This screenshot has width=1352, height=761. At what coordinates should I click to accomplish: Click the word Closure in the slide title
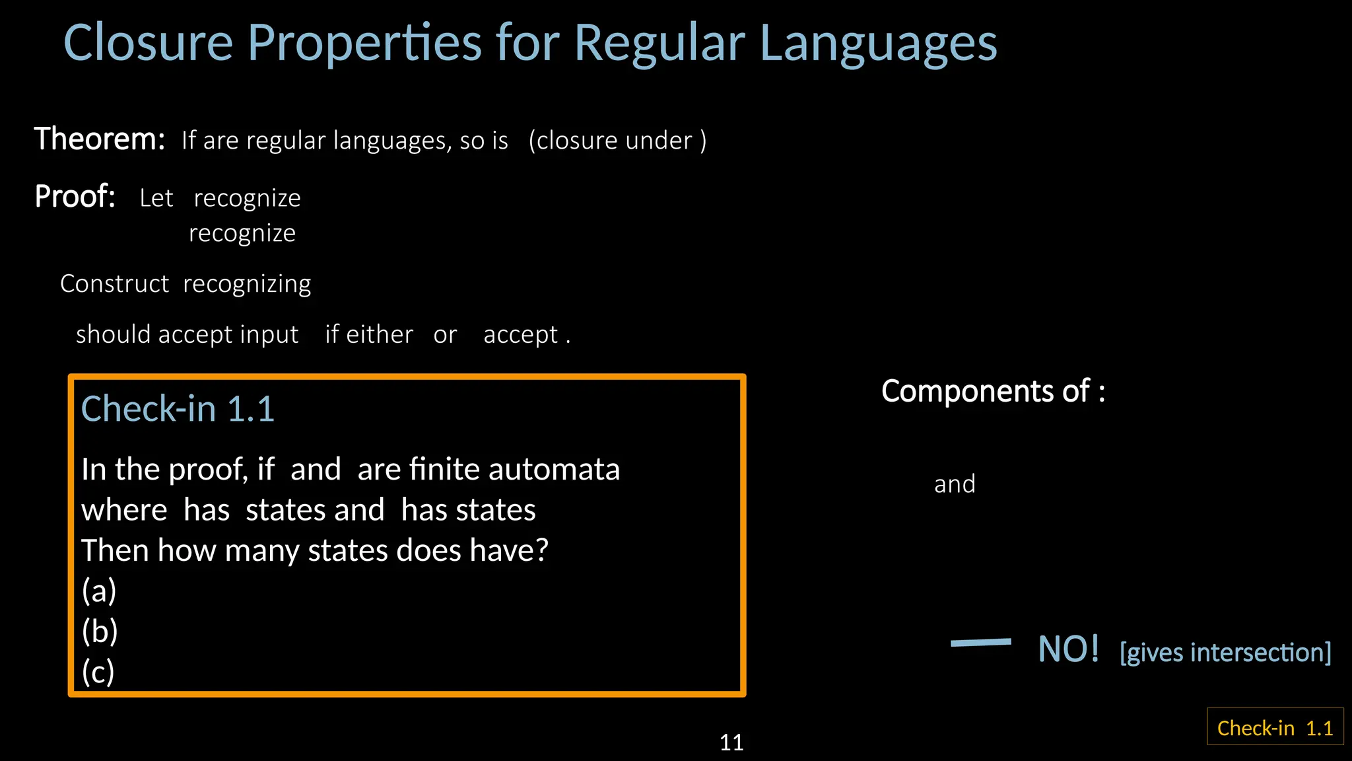(148, 43)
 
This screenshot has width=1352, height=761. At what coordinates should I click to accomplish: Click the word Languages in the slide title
(878, 44)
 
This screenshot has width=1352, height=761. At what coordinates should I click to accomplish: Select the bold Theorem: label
(100, 139)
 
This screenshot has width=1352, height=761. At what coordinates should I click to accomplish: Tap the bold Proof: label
(75, 197)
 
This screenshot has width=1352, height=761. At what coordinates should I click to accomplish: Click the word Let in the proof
(156, 198)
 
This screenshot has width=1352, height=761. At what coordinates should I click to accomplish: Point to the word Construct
(114, 283)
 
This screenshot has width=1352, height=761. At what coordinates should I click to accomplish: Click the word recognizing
(247, 284)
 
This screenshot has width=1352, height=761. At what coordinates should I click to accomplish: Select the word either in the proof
(380, 334)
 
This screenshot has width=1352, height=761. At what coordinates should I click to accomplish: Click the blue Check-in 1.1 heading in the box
(178, 408)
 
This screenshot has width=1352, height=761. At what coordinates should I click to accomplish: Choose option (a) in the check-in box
(99, 591)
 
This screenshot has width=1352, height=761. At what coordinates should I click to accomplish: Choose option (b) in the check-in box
(100, 631)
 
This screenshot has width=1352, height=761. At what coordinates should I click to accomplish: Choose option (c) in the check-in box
(98, 672)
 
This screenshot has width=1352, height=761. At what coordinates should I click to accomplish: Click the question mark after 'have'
(541, 550)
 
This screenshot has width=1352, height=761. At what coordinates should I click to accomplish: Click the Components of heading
(992, 391)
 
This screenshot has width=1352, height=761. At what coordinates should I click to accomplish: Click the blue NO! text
(1068, 649)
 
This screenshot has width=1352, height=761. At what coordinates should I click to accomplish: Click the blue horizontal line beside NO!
(980, 642)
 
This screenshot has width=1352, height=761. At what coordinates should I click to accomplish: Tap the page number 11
(731, 743)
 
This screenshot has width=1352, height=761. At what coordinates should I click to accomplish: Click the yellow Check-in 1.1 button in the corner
(1275, 727)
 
